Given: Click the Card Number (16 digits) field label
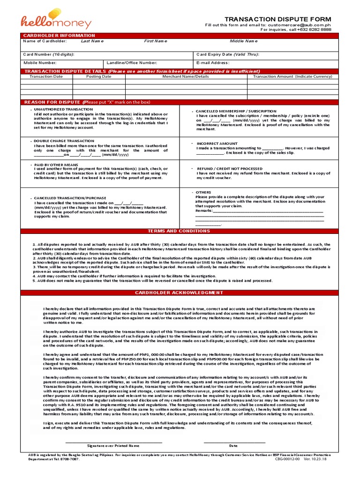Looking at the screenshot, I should point(49,54).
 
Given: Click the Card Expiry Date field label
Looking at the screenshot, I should point(227,54).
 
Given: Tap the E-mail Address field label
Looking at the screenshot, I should point(213,62).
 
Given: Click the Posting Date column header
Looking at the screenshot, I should point(98,76).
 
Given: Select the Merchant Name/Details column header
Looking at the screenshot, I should point(186,76).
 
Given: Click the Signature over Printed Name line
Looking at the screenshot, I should point(113,445).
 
